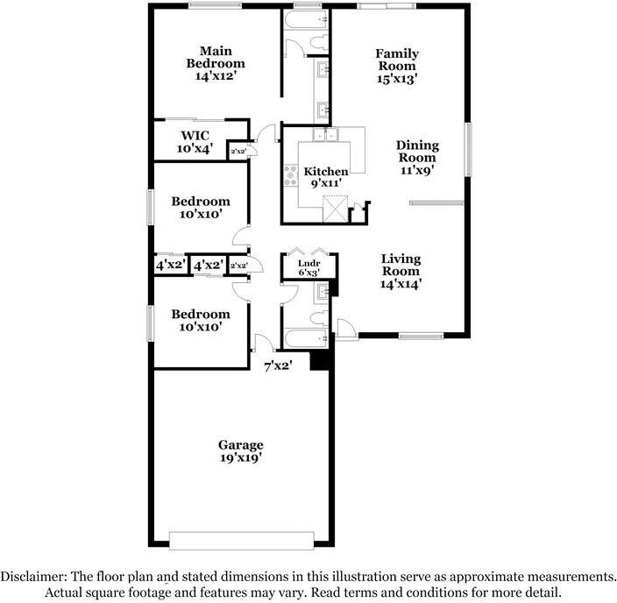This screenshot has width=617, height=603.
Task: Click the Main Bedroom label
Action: coord(215,63)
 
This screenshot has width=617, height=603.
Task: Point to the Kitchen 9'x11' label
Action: coord(326,178)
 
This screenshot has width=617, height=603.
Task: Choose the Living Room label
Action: coord(401,271)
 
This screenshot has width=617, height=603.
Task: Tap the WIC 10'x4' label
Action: coord(195,142)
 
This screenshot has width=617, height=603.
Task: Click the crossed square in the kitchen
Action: coord(335,209)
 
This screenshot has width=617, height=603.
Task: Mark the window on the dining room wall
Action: coord(469,149)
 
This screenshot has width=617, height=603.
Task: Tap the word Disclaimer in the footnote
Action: coord(32,576)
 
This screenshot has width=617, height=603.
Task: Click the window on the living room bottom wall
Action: coord(418,335)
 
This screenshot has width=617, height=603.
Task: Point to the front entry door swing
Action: coord(344,329)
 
